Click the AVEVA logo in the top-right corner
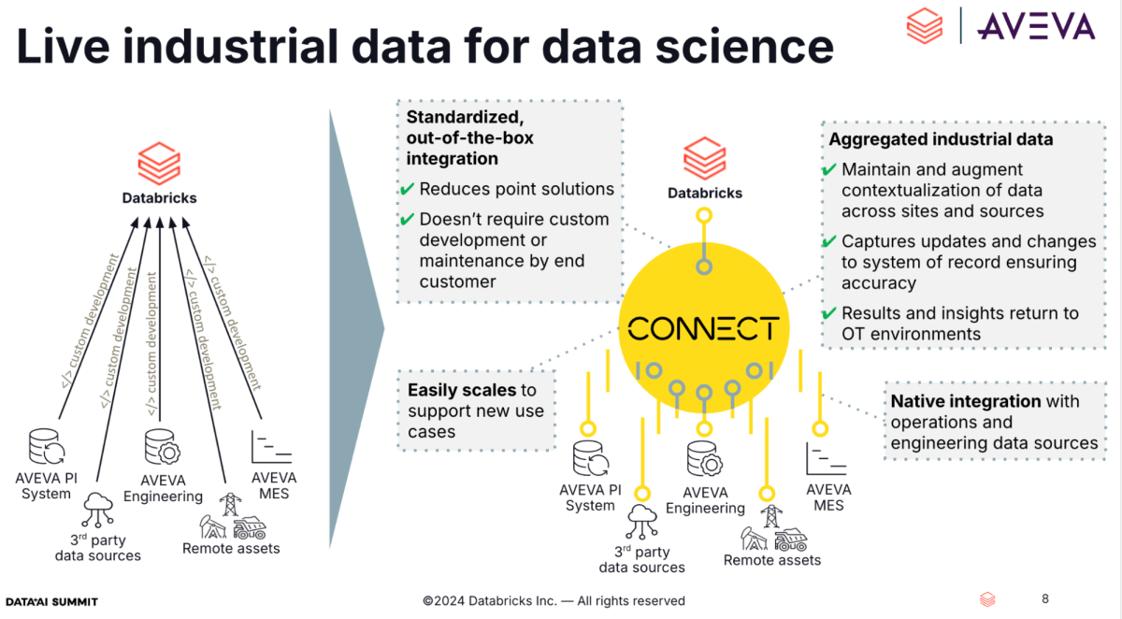1035,25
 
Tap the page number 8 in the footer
1045,598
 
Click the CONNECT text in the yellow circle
703,329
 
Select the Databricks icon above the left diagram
158,163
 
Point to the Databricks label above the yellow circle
704,193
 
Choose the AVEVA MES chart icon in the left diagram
272,446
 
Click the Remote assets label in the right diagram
771,560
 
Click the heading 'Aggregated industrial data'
941,139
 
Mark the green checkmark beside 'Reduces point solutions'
407,190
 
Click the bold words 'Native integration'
965,401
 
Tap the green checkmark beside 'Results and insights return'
828,313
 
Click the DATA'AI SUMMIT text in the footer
51,601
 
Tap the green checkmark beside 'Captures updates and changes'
828,241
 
